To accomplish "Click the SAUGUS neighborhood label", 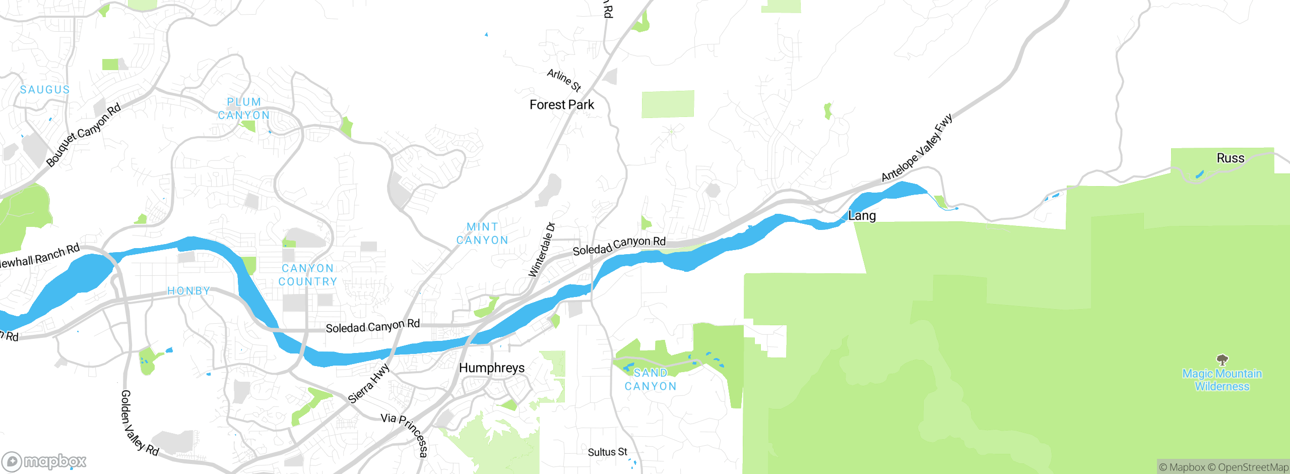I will [x=44, y=90].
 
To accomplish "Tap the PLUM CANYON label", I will [x=244, y=108].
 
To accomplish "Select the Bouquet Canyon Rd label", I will [x=83, y=135].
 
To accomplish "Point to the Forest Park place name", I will [x=561, y=105].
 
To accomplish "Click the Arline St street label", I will [x=564, y=80].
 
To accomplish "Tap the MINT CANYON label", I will [x=482, y=233].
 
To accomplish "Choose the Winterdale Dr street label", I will [x=541, y=250].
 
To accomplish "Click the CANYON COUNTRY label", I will [x=308, y=275].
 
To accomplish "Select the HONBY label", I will [x=188, y=291].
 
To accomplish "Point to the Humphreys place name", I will [x=491, y=368].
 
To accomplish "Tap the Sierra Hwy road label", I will [x=369, y=384].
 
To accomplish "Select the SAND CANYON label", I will [x=650, y=380].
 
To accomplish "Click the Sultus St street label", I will [x=607, y=452].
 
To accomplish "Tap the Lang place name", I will [x=862, y=216].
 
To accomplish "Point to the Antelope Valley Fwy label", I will [x=917, y=148].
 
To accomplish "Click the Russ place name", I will [x=1230, y=158].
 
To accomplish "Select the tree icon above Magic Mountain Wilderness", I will [x=1222, y=360].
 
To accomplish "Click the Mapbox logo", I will [x=44, y=461].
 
